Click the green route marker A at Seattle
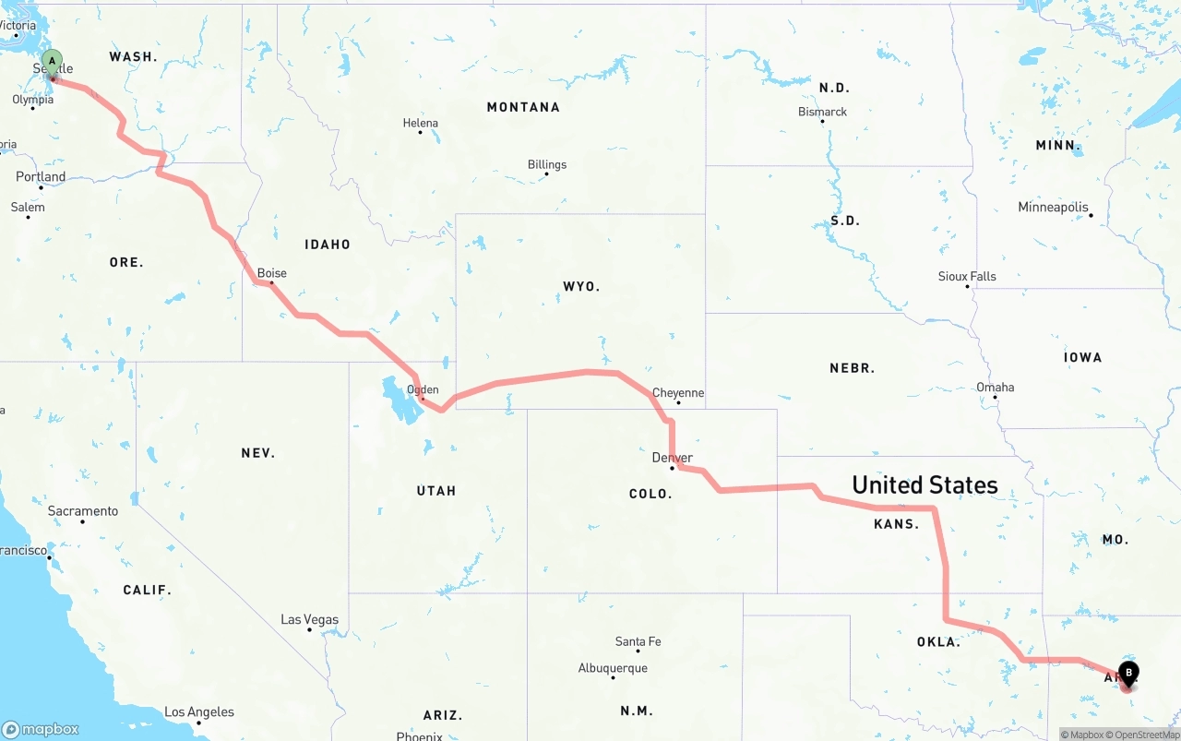[x=53, y=63]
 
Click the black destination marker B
[x=1128, y=674]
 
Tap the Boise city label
[x=272, y=273]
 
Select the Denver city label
[x=672, y=458]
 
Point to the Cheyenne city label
[x=678, y=393]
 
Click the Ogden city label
[x=423, y=389]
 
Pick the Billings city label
[x=547, y=165]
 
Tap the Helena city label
[x=421, y=123]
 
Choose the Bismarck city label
[x=822, y=112]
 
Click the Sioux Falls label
[x=967, y=276]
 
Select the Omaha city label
[x=996, y=388]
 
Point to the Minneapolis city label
[x=1053, y=208]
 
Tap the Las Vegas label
[x=310, y=620]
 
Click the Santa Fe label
[x=638, y=641]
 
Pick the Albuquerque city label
[x=613, y=668]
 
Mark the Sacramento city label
[x=83, y=511]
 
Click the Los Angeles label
[x=199, y=712]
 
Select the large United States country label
[x=925, y=485]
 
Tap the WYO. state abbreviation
[x=581, y=287]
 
